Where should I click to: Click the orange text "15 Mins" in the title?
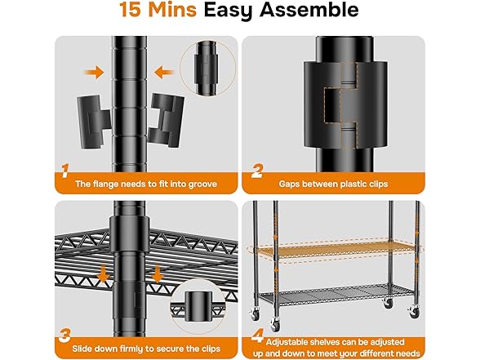[158, 10]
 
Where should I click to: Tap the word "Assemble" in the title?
[309, 10]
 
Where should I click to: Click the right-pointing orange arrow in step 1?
[95, 73]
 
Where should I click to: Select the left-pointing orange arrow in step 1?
[164, 73]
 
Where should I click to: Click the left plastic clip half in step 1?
[93, 122]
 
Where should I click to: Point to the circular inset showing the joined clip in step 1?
[208, 69]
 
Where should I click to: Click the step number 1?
[65, 171]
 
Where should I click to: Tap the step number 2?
[257, 171]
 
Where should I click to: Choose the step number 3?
[65, 336]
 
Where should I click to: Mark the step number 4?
[258, 336]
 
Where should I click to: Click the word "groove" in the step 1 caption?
[202, 184]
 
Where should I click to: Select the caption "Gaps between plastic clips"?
[333, 184]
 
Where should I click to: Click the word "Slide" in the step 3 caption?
[82, 349]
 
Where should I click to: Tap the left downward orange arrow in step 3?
[104, 273]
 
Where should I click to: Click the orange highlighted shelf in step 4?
[336, 248]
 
